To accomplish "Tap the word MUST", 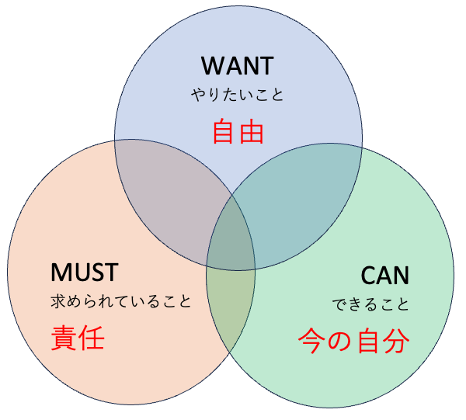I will [84, 272].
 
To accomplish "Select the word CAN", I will [384, 275].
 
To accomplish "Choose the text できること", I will [370, 304].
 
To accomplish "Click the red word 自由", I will [238, 131].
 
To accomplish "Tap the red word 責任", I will [78, 338].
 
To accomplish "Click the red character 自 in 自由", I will [224, 131].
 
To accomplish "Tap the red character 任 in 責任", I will [92, 338].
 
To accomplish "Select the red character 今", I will [311, 341].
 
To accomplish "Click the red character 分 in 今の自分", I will [395, 341].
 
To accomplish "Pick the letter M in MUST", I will [61, 272].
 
